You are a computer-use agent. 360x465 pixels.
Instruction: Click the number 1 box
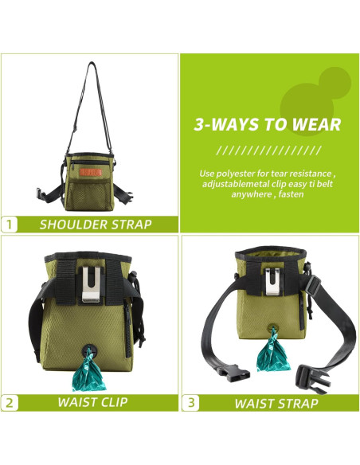click(10, 224)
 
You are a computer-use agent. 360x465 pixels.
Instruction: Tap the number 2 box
click(10, 402)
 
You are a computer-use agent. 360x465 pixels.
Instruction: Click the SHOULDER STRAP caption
click(96, 225)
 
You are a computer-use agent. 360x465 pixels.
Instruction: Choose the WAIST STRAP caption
click(276, 403)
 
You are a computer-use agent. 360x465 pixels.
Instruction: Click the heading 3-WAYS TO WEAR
click(268, 124)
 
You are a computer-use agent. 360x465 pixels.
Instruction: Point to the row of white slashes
click(268, 150)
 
